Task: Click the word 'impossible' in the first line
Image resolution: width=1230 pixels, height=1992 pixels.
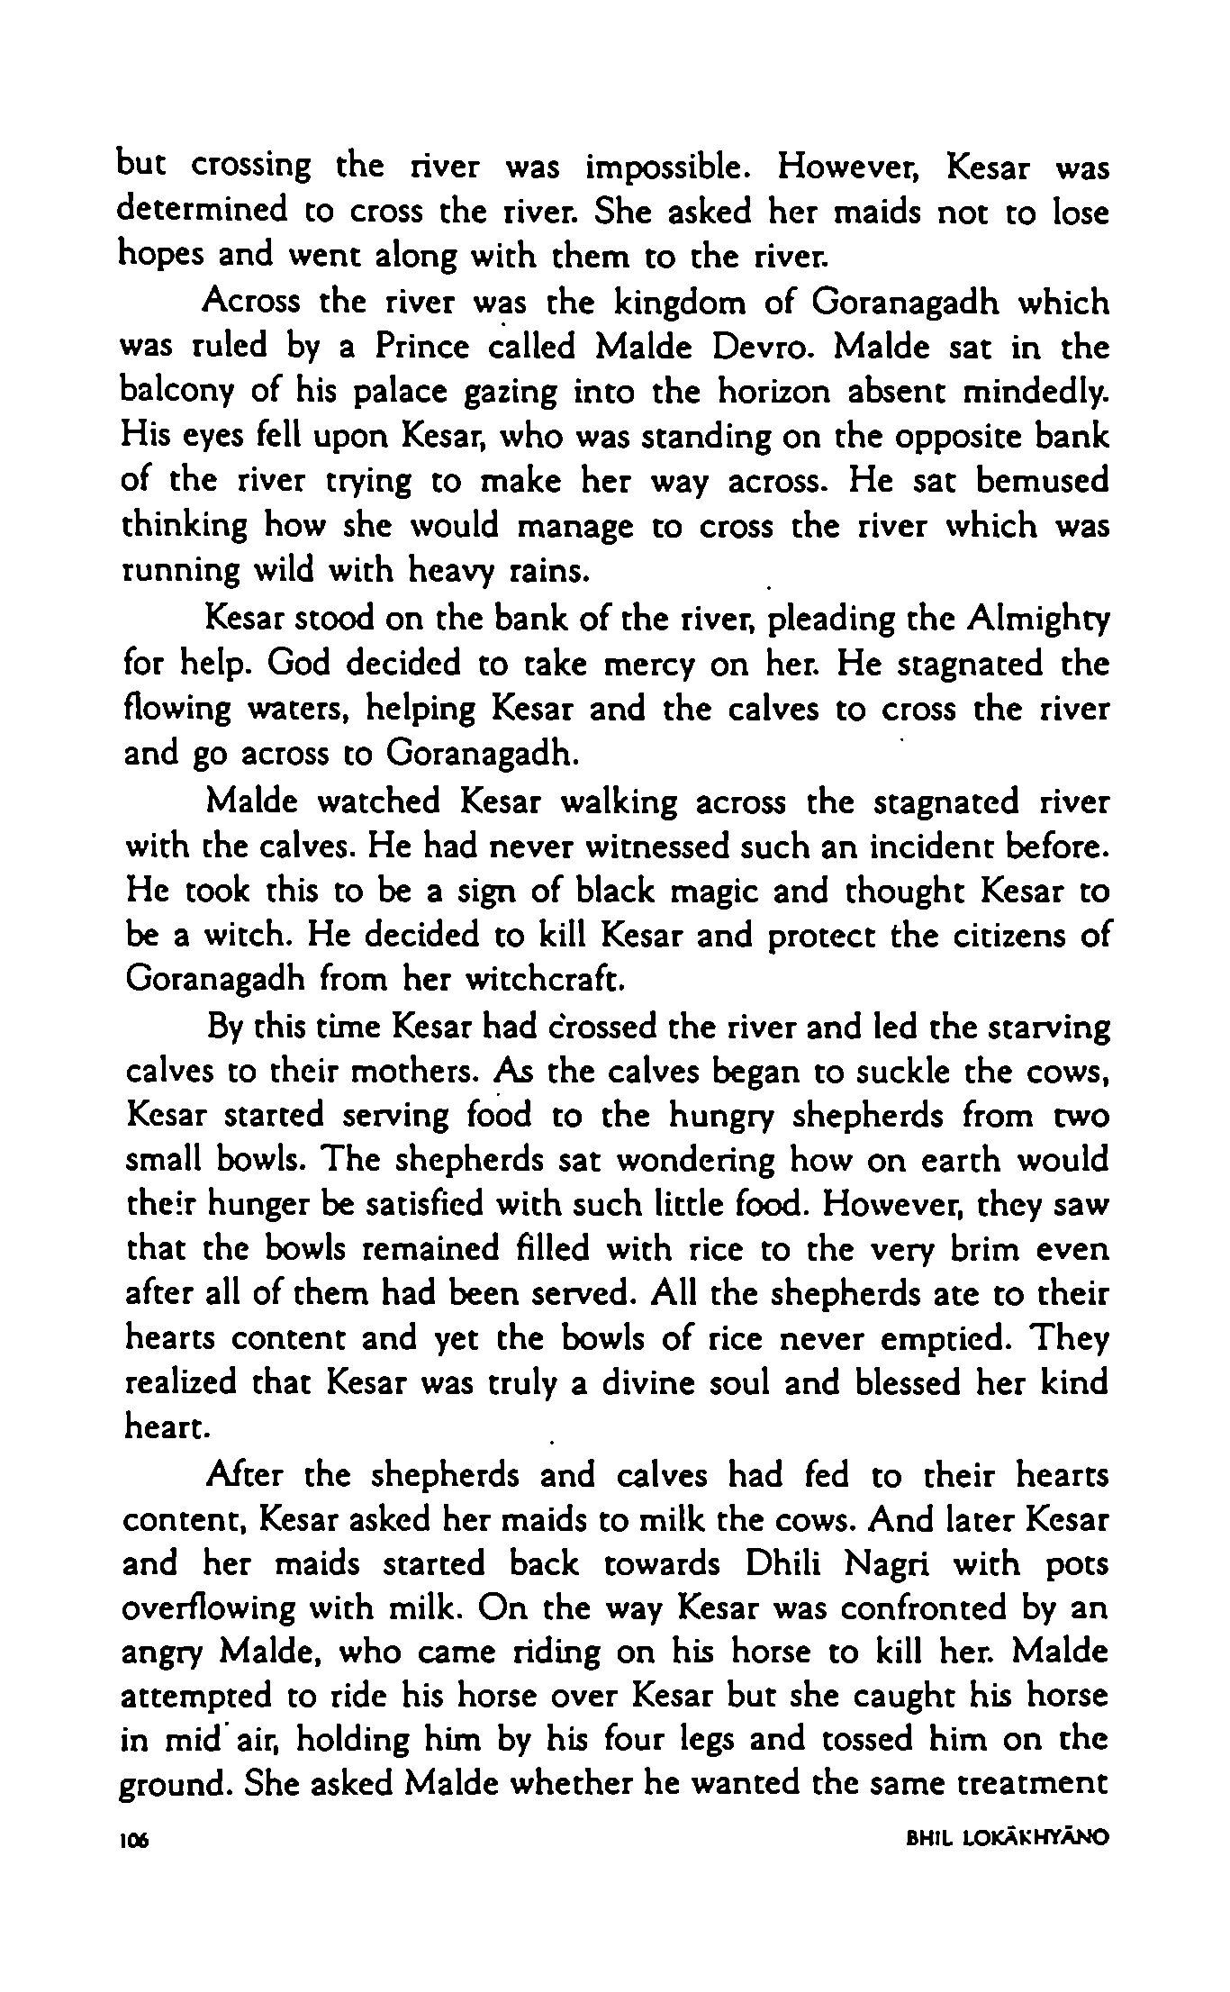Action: [670, 168]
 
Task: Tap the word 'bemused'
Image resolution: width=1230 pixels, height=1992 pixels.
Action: [1042, 480]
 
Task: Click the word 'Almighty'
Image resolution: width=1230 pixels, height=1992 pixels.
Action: [1038, 619]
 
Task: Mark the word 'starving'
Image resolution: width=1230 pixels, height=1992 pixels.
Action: [1048, 1028]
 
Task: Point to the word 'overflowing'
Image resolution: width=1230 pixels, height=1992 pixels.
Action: [209, 1608]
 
